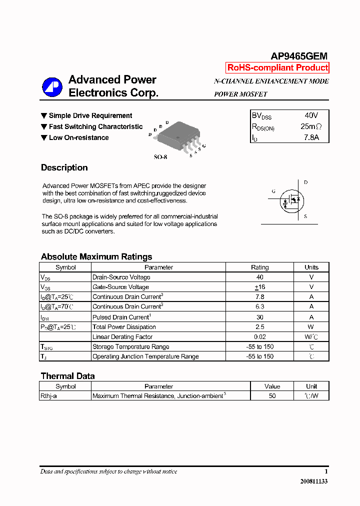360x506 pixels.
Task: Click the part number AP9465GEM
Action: (x=299, y=56)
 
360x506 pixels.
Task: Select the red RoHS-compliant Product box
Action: (x=277, y=68)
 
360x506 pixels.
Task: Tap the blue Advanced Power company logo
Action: (x=52, y=87)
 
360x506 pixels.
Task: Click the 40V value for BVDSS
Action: (x=311, y=115)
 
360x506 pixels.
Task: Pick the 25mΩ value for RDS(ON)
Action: (x=311, y=126)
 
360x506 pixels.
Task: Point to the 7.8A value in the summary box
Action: (x=311, y=137)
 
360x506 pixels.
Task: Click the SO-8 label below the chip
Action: (x=160, y=156)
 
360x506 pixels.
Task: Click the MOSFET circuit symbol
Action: (x=292, y=199)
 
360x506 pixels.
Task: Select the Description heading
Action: (x=64, y=168)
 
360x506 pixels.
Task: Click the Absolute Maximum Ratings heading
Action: (x=96, y=256)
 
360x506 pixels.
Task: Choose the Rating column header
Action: (x=259, y=267)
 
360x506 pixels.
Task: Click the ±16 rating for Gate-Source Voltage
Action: (x=259, y=287)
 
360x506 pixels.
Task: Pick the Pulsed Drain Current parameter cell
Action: (x=121, y=317)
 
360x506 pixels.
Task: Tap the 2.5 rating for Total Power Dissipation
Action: (x=259, y=327)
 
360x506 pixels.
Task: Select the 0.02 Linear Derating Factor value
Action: (x=259, y=337)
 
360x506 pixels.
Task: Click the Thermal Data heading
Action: (x=67, y=376)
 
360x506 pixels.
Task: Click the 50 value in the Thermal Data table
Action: (x=272, y=396)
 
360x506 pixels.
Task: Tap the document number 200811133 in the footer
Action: (x=314, y=481)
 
